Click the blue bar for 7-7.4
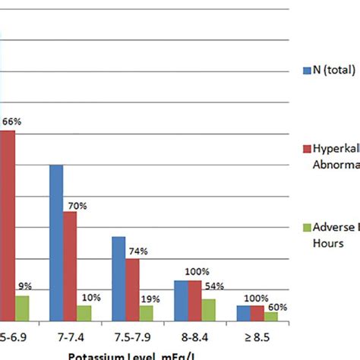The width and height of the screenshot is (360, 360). click(x=56, y=242)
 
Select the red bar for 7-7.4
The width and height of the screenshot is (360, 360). click(x=70, y=266)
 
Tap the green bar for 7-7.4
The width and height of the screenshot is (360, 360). click(x=84, y=312)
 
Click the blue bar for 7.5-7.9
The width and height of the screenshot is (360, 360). click(x=118, y=278)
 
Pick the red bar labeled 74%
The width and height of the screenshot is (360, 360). click(x=132, y=289)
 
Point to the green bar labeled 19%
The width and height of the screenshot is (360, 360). click(x=146, y=312)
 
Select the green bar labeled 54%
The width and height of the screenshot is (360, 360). click(x=208, y=309)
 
